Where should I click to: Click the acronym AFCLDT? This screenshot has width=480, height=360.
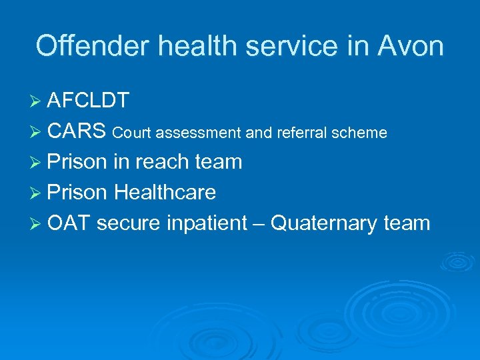(x=89, y=101)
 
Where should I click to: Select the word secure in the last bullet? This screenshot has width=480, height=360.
(x=127, y=223)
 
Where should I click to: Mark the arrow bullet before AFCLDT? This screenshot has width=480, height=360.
(x=37, y=101)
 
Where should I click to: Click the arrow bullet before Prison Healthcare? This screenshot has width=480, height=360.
(x=37, y=193)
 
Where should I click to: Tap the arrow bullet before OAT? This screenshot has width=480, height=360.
(x=37, y=224)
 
